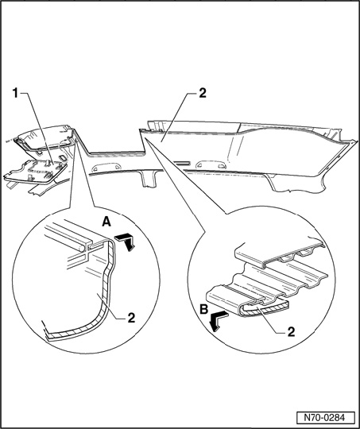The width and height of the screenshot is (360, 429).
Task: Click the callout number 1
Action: [x=16, y=94]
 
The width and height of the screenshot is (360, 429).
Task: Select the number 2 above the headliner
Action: [x=203, y=93]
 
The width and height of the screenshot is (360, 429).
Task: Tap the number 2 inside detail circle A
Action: [x=131, y=318]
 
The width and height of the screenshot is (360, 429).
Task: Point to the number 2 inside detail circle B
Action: [x=292, y=332]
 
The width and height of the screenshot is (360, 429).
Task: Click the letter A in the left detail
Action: [x=106, y=222]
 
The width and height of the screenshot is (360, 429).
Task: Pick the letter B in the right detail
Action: [x=204, y=310]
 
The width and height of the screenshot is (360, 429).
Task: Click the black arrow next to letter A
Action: [x=126, y=242]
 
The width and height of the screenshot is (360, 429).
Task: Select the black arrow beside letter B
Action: [x=219, y=321]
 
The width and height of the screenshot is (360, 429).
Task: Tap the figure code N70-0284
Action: [x=325, y=418]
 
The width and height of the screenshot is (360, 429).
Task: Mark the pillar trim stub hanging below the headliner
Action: [x=148, y=179]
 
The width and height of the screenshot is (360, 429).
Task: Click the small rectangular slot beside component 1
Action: [x=62, y=158]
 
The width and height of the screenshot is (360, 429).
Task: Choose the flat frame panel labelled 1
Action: [x=35, y=172]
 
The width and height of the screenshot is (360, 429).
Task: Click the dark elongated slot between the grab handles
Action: [x=181, y=163]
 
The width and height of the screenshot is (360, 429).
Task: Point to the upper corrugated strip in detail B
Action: [x=279, y=253]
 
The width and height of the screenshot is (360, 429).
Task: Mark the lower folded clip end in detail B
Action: [x=246, y=301]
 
